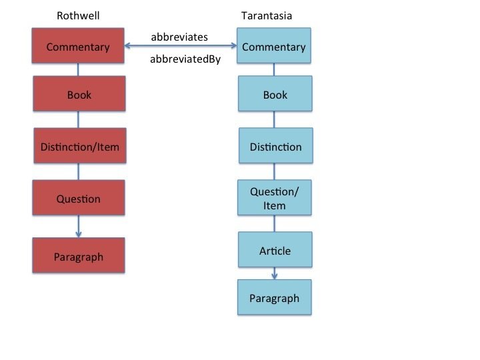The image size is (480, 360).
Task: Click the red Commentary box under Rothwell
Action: tap(79, 47)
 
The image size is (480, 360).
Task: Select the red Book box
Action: tap(79, 95)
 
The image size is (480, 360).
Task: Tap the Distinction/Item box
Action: tap(79, 146)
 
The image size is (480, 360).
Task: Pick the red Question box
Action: tap(79, 199)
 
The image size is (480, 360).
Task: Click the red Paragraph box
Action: tap(79, 257)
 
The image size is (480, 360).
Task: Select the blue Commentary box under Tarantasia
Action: tap(274, 47)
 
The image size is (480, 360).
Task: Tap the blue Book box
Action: tap(275, 95)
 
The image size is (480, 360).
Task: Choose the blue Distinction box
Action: tap(275, 147)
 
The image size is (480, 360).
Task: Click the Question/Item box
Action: tap(275, 199)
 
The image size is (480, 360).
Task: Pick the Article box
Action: tap(275, 251)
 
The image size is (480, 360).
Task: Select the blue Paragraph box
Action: tap(275, 298)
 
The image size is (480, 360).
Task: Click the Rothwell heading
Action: tap(79, 15)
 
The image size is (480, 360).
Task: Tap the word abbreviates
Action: tap(179, 36)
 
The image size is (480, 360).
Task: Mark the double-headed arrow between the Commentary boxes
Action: tap(181, 46)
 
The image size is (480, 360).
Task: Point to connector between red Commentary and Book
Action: tap(79, 71)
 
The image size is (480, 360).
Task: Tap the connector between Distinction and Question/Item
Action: tap(275, 172)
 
